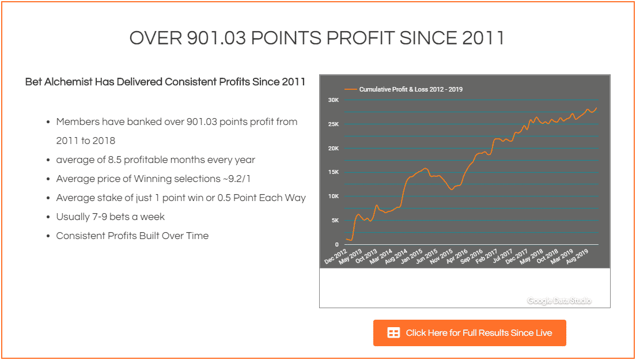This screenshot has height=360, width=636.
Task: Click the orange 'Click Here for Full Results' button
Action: click(470, 333)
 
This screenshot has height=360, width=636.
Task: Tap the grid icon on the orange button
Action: click(393, 333)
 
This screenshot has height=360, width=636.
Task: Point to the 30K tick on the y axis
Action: click(334, 100)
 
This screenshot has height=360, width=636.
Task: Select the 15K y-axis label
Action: click(334, 172)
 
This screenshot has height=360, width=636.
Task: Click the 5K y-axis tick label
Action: click(335, 221)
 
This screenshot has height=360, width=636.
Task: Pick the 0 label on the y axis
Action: click(338, 245)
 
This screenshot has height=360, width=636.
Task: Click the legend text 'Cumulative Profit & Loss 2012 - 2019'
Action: click(411, 89)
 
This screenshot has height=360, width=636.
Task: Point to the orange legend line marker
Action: click(350, 89)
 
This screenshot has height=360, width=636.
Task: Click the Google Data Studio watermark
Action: click(559, 301)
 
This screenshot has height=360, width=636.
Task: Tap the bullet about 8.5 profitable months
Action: click(156, 160)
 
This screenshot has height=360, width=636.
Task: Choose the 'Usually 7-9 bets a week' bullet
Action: click(110, 217)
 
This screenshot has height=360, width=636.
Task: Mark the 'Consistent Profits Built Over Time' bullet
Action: click(132, 236)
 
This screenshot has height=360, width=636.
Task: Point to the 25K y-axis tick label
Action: click(334, 124)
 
